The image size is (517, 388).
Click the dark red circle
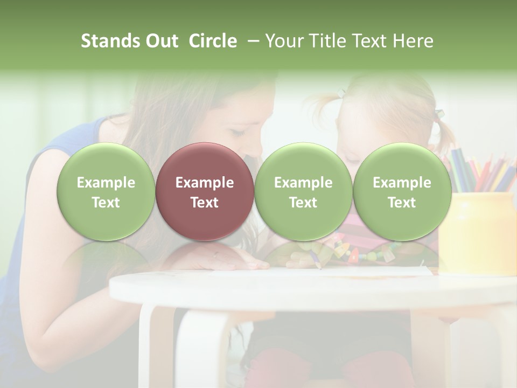click(204, 191)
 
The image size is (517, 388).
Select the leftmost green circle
click(106, 191)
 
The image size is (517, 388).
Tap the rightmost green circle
click(402, 191)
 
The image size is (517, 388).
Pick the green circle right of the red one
click(303, 191)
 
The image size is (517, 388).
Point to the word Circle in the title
click(213, 41)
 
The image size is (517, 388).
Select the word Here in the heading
click(414, 41)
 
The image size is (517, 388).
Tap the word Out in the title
click(162, 41)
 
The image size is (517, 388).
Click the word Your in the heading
click(283, 41)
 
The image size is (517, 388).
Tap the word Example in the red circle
click(204, 183)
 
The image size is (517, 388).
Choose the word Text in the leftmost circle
click(106, 203)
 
